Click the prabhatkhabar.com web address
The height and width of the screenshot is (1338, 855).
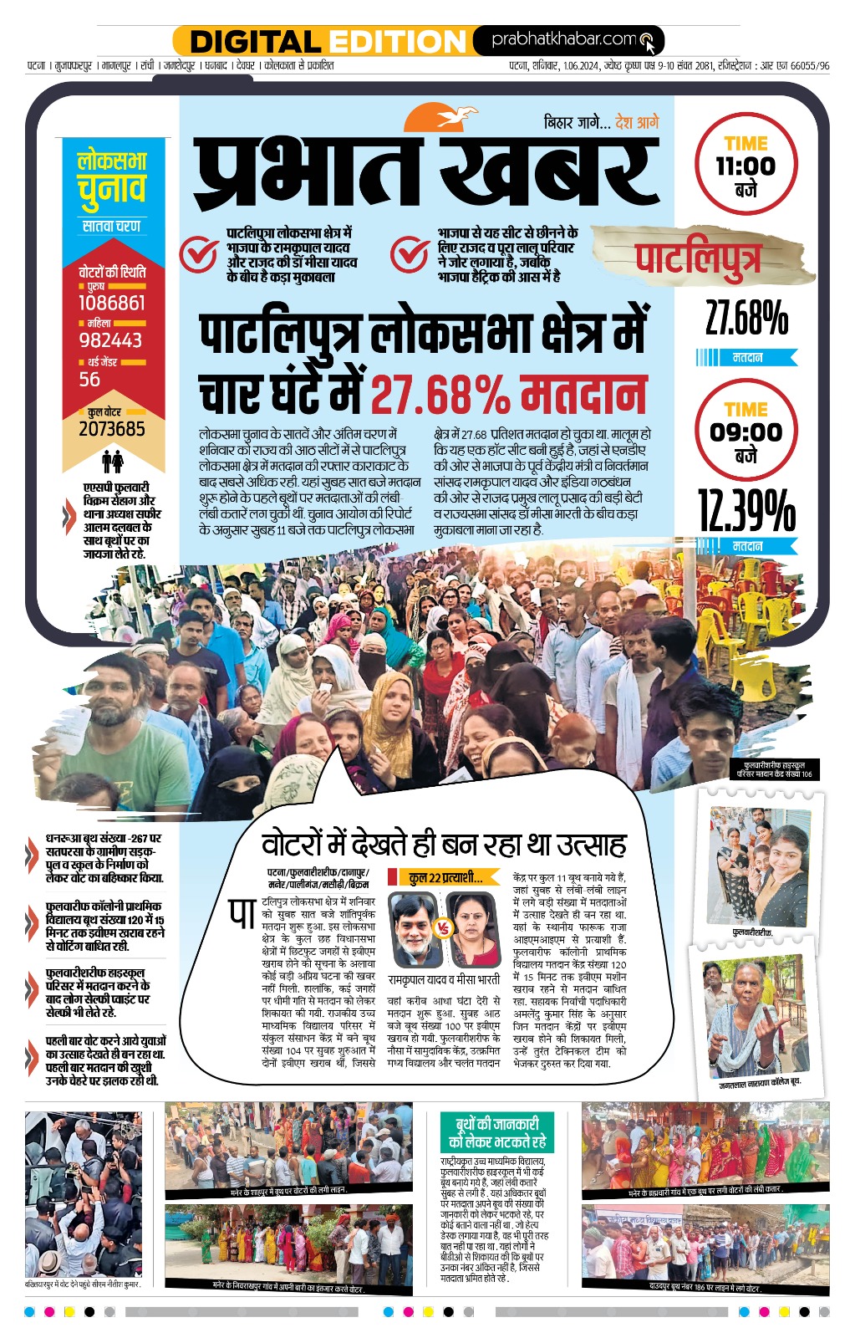(x=564, y=39)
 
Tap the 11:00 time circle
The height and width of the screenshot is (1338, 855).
(x=746, y=166)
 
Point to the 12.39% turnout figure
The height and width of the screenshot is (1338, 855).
(x=746, y=511)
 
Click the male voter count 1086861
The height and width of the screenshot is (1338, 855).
(x=112, y=303)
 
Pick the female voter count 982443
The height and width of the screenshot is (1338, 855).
(x=110, y=340)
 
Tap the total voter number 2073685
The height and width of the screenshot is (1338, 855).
(x=112, y=429)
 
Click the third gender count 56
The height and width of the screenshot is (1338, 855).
(x=89, y=380)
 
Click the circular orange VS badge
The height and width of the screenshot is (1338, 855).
(x=444, y=928)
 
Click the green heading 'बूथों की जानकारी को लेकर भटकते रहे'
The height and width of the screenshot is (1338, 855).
(x=496, y=1132)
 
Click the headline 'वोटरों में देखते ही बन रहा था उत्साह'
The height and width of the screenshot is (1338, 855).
(x=444, y=844)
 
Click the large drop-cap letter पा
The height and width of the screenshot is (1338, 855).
(x=242, y=913)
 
